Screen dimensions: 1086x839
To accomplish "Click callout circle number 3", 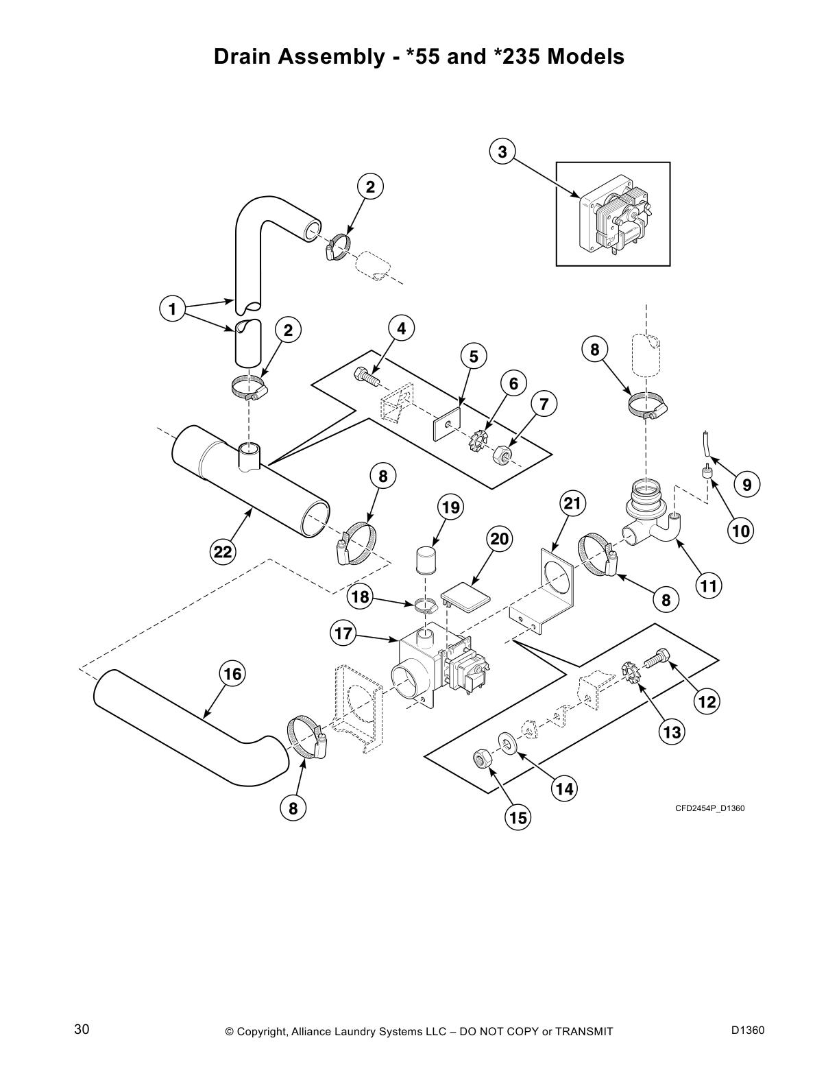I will (502, 152).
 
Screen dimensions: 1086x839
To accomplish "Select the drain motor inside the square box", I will (614, 214).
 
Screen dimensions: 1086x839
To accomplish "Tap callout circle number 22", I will (223, 551).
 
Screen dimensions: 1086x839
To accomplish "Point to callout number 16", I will (232, 674).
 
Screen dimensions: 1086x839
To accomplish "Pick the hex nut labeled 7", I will (502, 454).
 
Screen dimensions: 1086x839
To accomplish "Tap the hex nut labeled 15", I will (481, 759).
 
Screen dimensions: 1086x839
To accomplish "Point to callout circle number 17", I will (343, 633).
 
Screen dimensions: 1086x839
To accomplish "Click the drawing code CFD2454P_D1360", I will (709, 808).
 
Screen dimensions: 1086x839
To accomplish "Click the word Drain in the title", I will (245, 57).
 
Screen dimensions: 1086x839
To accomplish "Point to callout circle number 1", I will (173, 309).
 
